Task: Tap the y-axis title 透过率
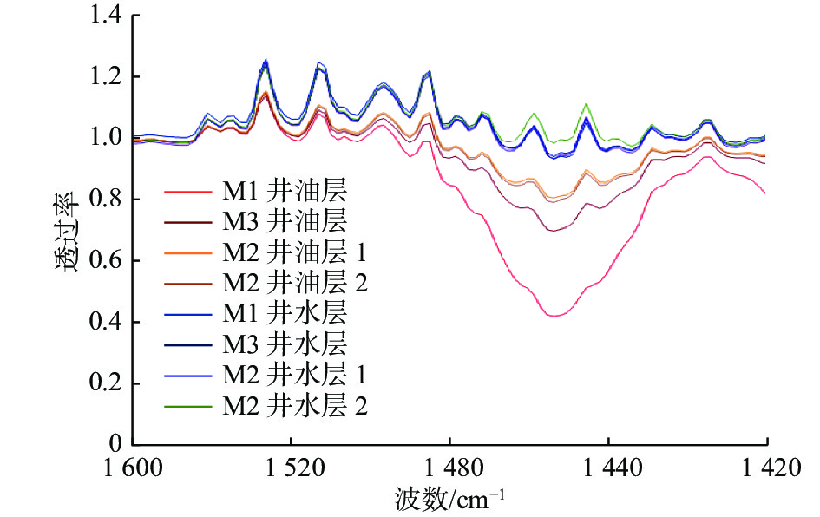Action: coord(67,231)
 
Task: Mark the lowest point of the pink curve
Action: coord(554,316)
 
